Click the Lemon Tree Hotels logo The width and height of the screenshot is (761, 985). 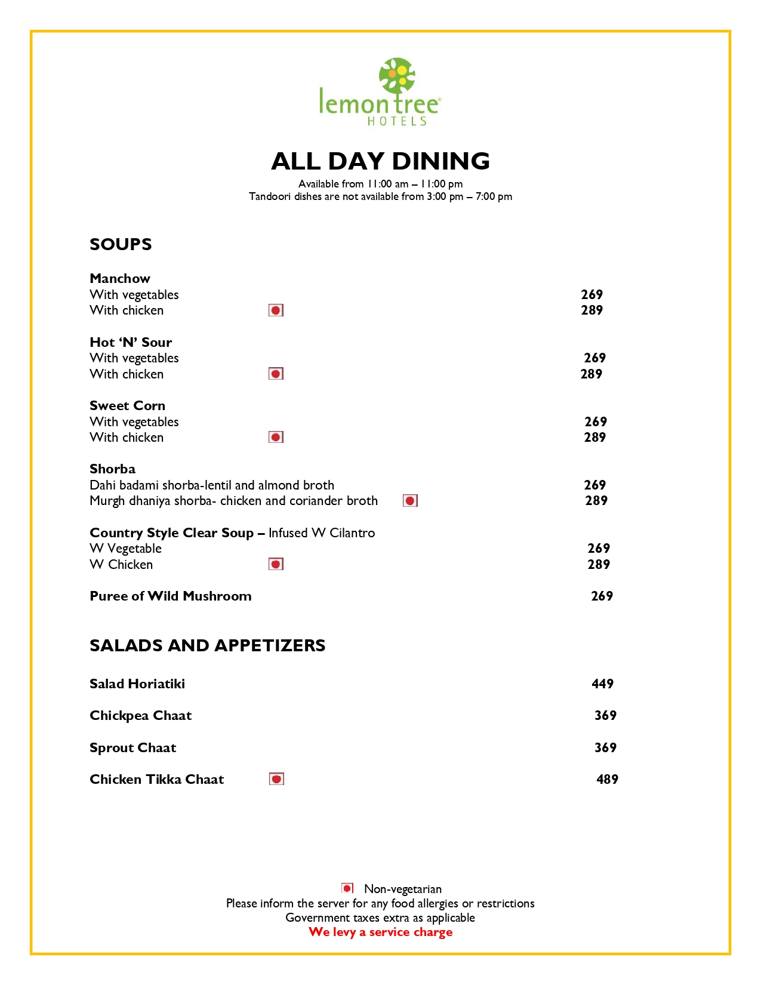pyautogui.click(x=380, y=93)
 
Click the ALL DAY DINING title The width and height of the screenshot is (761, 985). pyautogui.click(x=380, y=161)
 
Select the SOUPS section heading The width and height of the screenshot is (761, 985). pyautogui.click(x=121, y=244)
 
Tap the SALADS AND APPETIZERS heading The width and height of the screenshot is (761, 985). pyautogui.click(x=207, y=645)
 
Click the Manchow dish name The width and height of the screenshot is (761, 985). pyautogui.click(x=120, y=278)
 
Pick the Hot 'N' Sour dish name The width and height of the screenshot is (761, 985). pyautogui.click(x=131, y=342)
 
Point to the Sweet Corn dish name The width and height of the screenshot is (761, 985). pyautogui.click(x=127, y=405)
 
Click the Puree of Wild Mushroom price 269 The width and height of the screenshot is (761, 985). pyautogui.click(x=602, y=596)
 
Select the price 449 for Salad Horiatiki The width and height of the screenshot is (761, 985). pyautogui.click(x=602, y=684)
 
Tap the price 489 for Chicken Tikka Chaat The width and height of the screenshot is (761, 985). pyautogui.click(x=607, y=779)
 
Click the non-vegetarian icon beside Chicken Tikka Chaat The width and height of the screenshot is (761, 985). pyautogui.click(x=276, y=779)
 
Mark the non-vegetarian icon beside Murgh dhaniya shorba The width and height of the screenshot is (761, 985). pyautogui.click(x=410, y=500)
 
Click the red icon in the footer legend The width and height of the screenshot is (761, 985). pyautogui.click(x=347, y=888)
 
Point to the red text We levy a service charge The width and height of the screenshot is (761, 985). pyautogui.click(x=380, y=932)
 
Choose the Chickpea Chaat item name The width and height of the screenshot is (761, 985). pyautogui.click(x=141, y=715)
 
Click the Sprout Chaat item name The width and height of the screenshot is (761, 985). pyautogui.click(x=133, y=747)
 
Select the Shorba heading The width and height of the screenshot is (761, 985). pyautogui.click(x=113, y=469)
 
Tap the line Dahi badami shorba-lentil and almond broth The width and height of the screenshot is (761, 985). pyautogui.click(x=212, y=485)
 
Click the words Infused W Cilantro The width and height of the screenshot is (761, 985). pyautogui.click(x=322, y=532)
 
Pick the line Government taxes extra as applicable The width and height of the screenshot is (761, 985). pyautogui.click(x=380, y=918)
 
